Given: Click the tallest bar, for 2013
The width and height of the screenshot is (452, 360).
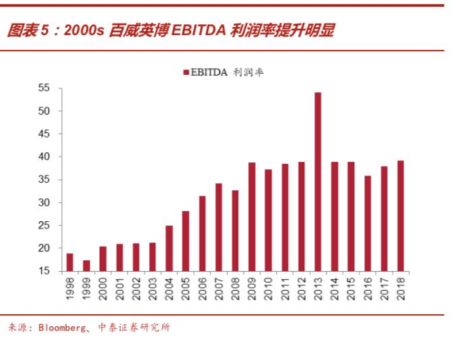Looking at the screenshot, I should click(318, 182).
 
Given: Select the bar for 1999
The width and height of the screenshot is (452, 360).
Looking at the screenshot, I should click(86, 266).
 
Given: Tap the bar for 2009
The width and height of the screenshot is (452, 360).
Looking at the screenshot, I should click(252, 217).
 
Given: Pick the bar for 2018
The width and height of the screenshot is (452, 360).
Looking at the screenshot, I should click(401, 216).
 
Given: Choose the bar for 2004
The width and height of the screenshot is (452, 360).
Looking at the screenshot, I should click(169, 248).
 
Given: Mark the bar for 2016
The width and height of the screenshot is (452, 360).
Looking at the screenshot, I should click(368, 223).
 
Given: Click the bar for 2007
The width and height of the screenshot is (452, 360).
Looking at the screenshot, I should click(219, 227).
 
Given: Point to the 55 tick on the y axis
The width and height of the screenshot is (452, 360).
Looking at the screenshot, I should click(44, 88).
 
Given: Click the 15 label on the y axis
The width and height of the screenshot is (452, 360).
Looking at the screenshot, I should click(44, 272).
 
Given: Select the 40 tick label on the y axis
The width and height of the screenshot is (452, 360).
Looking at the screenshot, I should click(44, 157).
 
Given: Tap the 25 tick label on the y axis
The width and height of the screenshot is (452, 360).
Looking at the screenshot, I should click(44, 226).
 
